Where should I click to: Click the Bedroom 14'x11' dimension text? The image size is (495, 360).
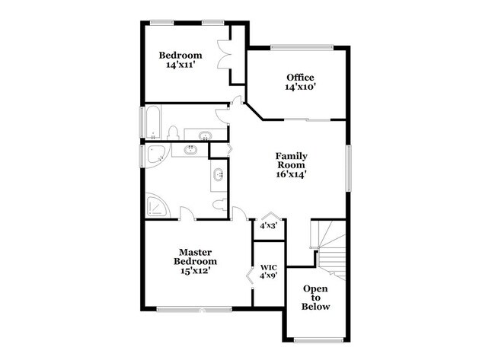tap(180, 65)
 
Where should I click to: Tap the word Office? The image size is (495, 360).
tap(300, 77)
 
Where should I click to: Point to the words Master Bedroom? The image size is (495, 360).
tap(195, 256)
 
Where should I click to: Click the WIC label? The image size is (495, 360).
tap(268, 267)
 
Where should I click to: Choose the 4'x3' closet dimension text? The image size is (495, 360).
tap(268, 225)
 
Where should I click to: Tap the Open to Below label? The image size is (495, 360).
tap(316, 298)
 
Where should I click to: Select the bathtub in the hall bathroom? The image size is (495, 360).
tap(152, 122)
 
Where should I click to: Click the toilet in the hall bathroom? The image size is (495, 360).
tap(172, 134)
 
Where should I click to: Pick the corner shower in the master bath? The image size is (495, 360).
tap(158, 206)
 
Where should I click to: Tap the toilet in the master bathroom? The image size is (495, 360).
tap(219, 205)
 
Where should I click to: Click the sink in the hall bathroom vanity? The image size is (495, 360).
tap(204, 135)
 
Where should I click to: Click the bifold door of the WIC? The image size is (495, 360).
tap(250, 275)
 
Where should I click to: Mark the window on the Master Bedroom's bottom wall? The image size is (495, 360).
tap(194, 309)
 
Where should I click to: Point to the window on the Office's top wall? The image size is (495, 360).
tap(302, 49)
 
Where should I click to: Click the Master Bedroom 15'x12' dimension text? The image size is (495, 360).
tap(194, 269)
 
